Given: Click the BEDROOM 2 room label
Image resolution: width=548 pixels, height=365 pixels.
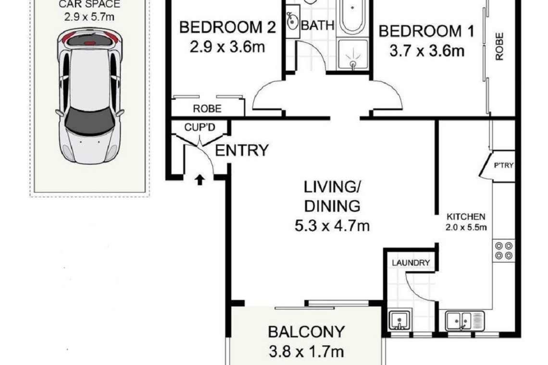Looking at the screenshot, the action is click(x=227, y=27).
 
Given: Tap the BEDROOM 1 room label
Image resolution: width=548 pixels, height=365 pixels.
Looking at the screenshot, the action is click(x=427, y=31).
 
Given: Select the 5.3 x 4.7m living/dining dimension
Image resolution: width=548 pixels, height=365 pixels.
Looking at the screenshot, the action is click(x=332, y=226).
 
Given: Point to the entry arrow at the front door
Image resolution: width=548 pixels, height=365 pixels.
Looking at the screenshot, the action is click(x=200, y=180).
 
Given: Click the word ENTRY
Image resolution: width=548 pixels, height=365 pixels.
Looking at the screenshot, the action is click(x=241, y=150).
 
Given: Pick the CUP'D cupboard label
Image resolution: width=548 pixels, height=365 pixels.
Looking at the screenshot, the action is click(x=199, y=127).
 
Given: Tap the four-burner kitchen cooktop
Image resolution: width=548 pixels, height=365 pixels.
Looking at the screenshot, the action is click(x=504, y=250).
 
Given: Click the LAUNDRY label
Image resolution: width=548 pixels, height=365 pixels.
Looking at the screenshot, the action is click(x=411, y=263).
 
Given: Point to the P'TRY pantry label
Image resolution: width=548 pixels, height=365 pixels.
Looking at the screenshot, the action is click(x=504, y=165).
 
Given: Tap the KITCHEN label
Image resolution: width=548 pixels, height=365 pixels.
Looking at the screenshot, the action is click(x=466, y=217).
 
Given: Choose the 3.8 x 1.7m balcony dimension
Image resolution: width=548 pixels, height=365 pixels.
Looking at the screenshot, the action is click(x=306, y=352).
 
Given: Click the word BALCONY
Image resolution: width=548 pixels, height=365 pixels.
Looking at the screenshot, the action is click(x=306, y=331).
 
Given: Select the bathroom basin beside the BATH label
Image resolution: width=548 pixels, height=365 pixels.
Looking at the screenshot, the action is click(x=292, y=22).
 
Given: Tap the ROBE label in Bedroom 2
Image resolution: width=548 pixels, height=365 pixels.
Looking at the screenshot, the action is click(x=207, y=109).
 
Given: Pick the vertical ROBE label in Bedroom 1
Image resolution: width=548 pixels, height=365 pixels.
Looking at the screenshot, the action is click(x=499, y=47).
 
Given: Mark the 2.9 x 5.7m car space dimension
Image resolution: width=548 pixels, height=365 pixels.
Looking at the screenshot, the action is click(x=89, y=16).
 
